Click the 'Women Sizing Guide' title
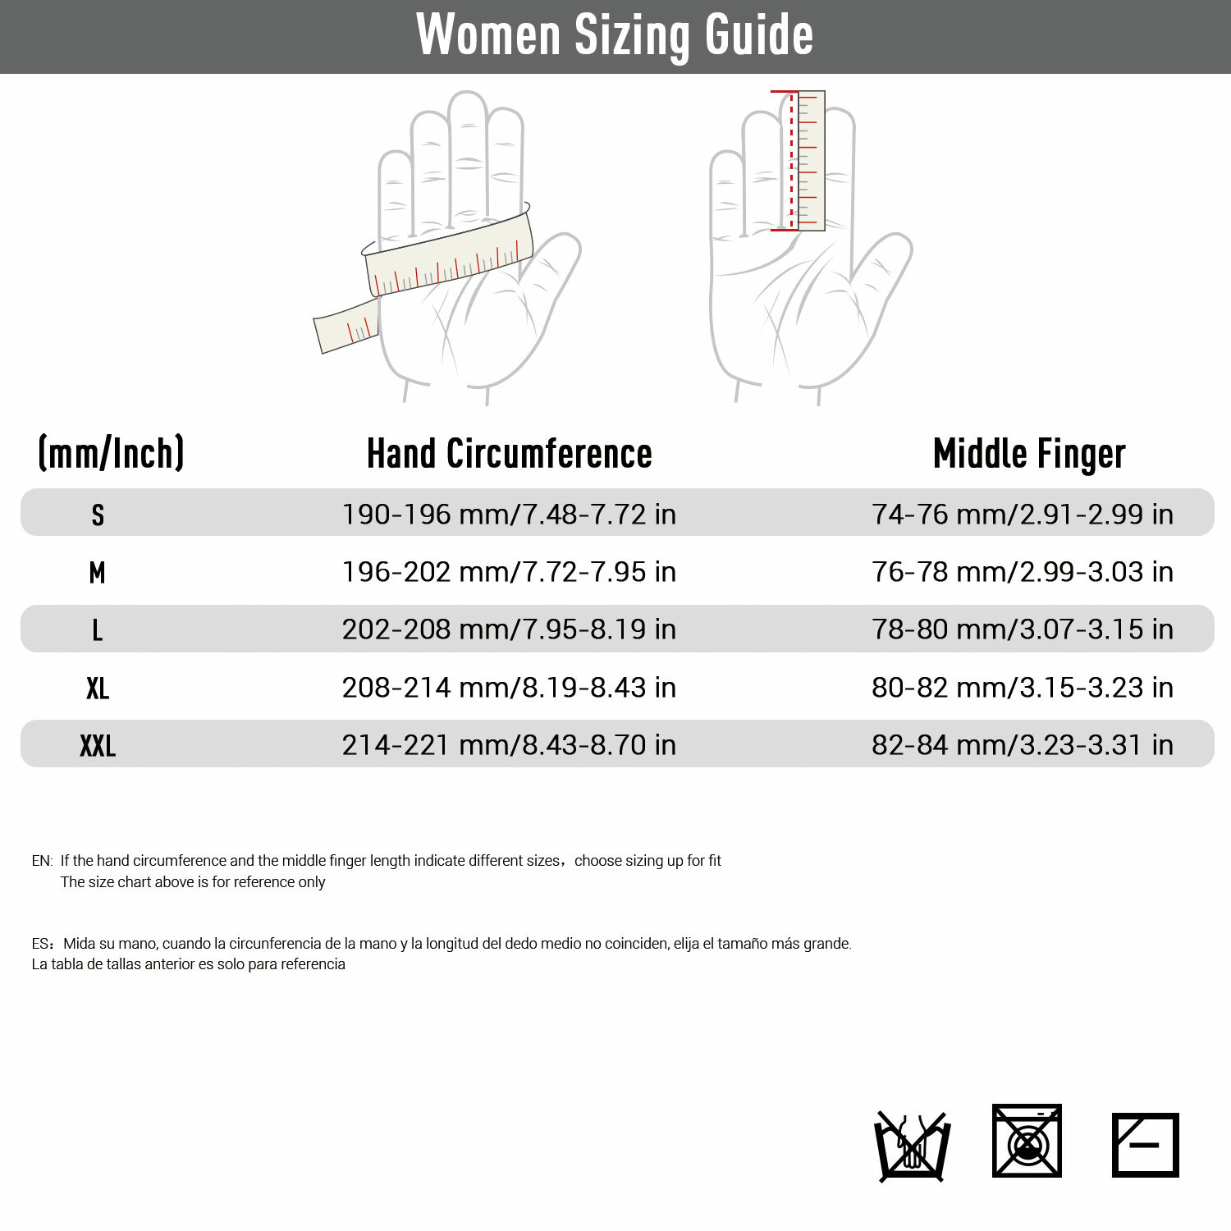(x=615, y=35)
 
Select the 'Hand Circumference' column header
(x=509, y=454)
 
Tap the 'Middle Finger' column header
(x=1029, y=454)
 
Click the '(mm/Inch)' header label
(x=112, y=453)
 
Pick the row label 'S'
(x=98, y=515)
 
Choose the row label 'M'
(x=98, y=572)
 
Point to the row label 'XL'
(x=98, y=688)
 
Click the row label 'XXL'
(x=98, y=745)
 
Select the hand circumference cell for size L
(x=509, y=629)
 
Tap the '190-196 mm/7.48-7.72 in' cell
(x=509, y=515)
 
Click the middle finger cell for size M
(x=1023, y=572)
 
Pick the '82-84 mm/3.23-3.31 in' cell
(x=1023, y=745)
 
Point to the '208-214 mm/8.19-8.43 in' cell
(x=509, y=688)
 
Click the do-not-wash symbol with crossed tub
(x=913, y=1146)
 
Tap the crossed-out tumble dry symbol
(x=1027, y=1141)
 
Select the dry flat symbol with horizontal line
(x=1145, y=1145)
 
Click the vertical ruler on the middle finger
(x=810, y=160)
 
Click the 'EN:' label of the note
(x=42, y=861)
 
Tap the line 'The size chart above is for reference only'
(x=193, y=882)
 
